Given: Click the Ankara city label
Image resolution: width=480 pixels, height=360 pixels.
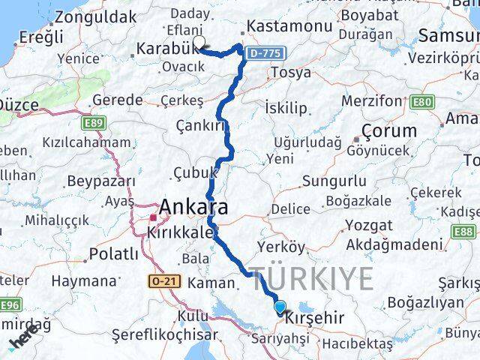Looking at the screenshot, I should point(193,207).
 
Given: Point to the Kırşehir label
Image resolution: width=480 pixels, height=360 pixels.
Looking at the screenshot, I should point(314,318).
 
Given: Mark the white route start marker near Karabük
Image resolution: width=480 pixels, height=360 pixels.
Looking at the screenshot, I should point(199,42).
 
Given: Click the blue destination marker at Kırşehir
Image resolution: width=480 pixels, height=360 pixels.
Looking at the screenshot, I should point(280,306).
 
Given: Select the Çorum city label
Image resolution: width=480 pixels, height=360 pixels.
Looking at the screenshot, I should point(388,130).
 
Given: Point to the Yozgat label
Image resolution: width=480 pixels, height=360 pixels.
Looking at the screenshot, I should point(367,225).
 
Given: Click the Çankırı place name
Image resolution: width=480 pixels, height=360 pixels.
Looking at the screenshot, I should point(200,124).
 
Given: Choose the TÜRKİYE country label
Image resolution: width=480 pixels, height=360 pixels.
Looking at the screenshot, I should point(311,279).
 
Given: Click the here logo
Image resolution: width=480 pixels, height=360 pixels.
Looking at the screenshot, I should point(23,340).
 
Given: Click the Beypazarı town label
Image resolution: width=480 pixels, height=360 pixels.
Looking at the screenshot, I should point(101,181).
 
